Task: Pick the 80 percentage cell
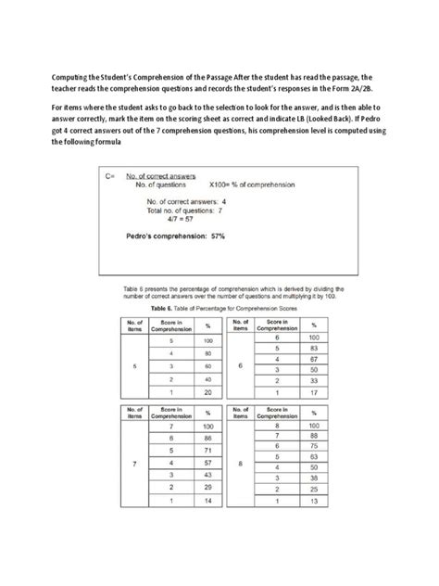(x=209, y=353)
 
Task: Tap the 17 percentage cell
(x=315, y=393)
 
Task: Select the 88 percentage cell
(x=315, y=434)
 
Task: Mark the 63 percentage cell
(x=315, y=457)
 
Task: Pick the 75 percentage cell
(x=315, y=446)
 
